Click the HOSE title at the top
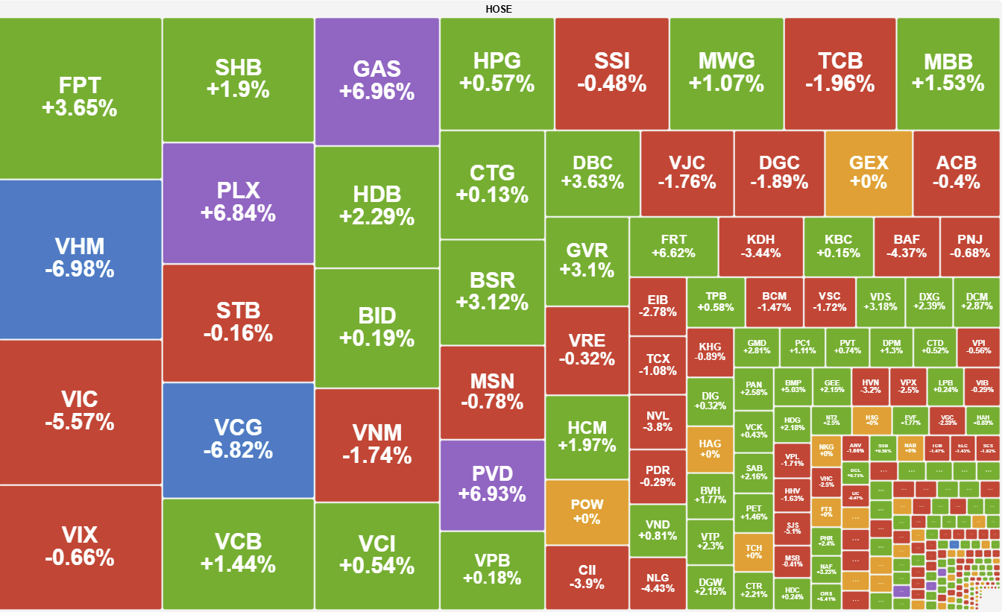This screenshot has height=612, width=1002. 499,9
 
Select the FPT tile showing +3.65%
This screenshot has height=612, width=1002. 80,98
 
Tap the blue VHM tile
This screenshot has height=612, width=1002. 80,258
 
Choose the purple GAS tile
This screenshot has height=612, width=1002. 376,81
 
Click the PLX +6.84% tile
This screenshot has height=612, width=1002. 238,202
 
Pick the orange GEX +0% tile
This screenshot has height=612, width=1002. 869,173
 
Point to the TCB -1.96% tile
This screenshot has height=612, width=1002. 839,72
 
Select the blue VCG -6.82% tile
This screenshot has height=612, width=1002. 238,439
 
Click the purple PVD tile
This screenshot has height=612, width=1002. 492,484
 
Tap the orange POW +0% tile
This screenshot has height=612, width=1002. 587,511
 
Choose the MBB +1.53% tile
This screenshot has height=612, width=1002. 948,72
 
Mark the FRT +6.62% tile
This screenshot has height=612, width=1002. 673,247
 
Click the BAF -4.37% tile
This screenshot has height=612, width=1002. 907,247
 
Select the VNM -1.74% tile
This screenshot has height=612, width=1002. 376,444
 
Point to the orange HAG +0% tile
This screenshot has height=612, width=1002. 709,448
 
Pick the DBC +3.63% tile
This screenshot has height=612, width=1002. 593,173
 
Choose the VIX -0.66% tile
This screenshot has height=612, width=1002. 80,546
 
